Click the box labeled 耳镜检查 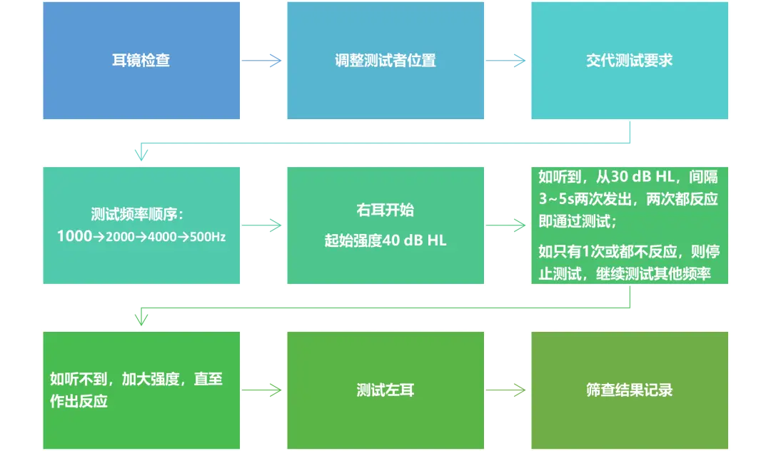(141, 61)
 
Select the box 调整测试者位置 (385, 61)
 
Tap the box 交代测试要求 (629, 61)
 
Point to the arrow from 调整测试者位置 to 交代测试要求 (506, 61)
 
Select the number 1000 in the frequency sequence (75, 236)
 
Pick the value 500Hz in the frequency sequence (207, 236)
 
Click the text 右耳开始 (385, 211)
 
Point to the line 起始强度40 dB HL (385, 240)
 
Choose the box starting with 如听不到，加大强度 (141, 388)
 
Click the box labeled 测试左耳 (385, 390)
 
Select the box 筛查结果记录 (629, 390)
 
